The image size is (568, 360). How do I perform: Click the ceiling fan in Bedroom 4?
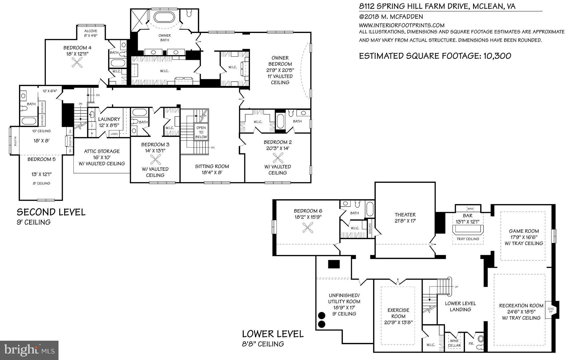click(x=78, y=62)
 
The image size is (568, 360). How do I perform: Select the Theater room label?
click(x=405, y=217)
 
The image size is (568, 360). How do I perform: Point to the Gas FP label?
click(x=551, y=310)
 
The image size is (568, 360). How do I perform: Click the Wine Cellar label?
click(x=454, y=343)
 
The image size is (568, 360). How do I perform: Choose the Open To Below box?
click(x=201, y=132)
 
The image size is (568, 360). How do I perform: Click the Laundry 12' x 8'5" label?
click(x=109, y=122)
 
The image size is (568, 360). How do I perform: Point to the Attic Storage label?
click(x=102, y=157)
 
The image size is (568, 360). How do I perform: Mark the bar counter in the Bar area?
click(x=467, y=229)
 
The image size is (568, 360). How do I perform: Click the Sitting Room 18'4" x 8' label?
click(x=212, y=169)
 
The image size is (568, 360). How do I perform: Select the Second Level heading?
click(x=51, y=212)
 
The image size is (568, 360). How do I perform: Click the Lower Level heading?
click(x=273, y=334)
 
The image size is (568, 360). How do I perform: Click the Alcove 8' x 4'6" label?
click(x=91, y=33)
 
